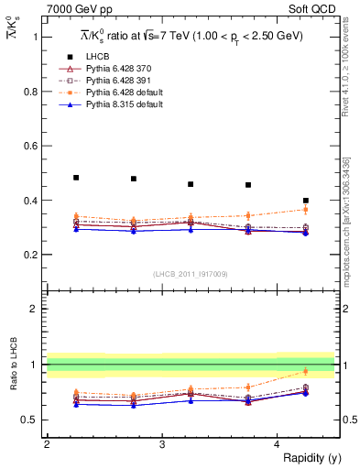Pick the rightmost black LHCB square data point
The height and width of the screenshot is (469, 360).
tap(306, 201)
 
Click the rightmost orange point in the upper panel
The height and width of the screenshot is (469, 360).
tap(306, 210)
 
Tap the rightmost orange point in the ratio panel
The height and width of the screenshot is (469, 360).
tap(306, 371)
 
